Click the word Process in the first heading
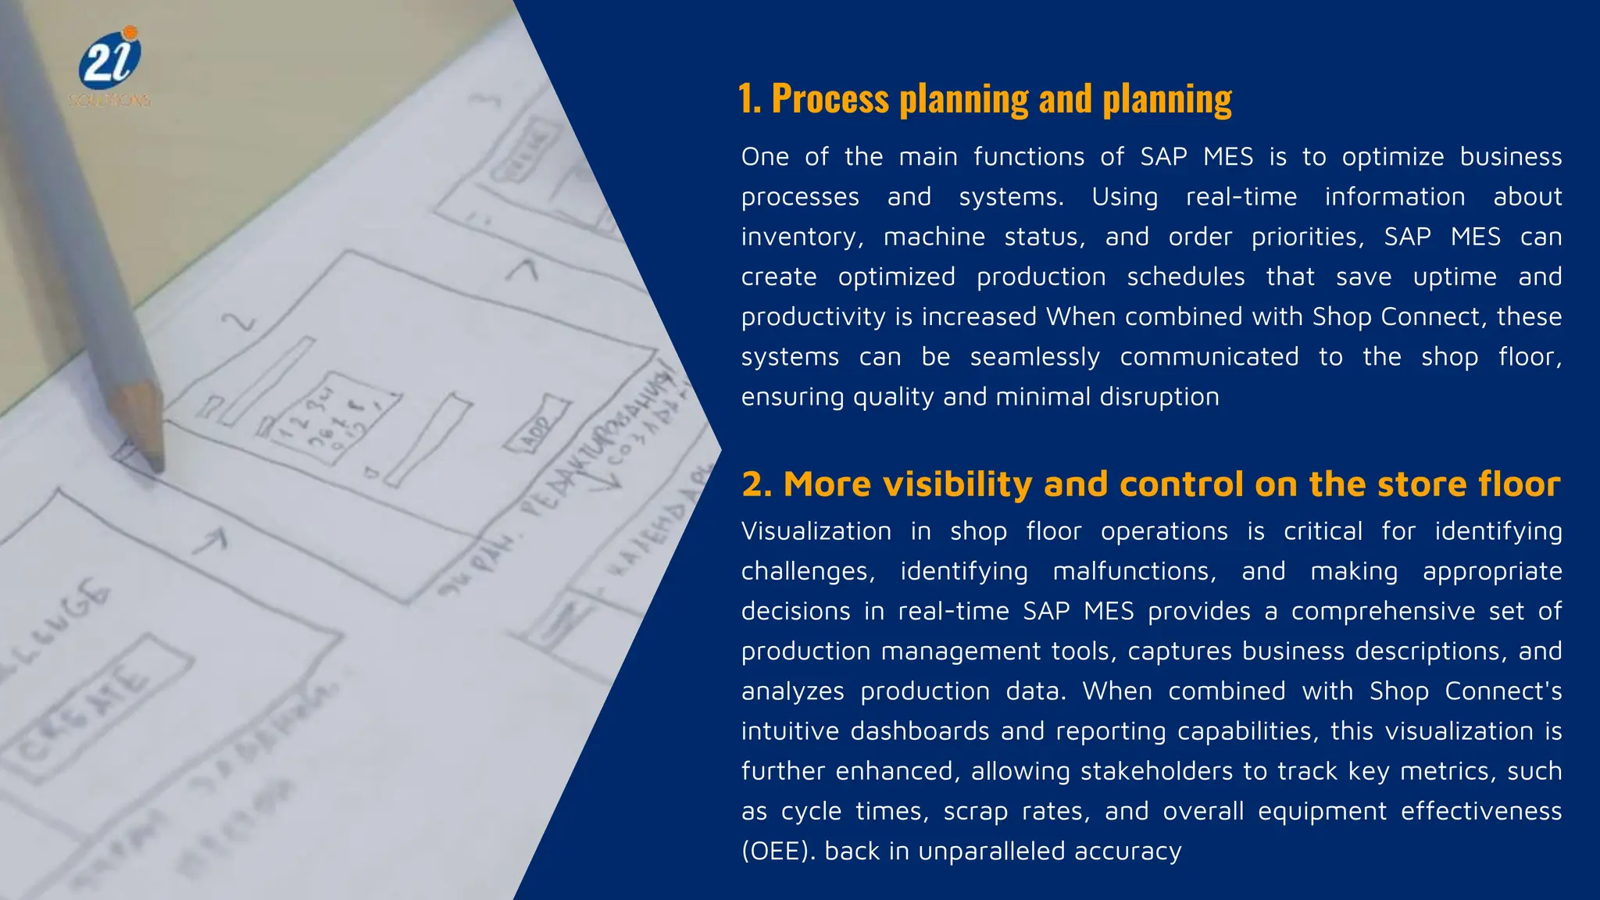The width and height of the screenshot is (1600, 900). (830, 100)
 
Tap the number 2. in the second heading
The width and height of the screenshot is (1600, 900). (756, 484)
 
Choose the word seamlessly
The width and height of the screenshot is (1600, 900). (1034, 357)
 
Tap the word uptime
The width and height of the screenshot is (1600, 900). (1455, 277)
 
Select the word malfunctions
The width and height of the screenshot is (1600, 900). (1134, 572)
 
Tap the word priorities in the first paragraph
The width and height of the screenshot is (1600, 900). (1308, 237)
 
